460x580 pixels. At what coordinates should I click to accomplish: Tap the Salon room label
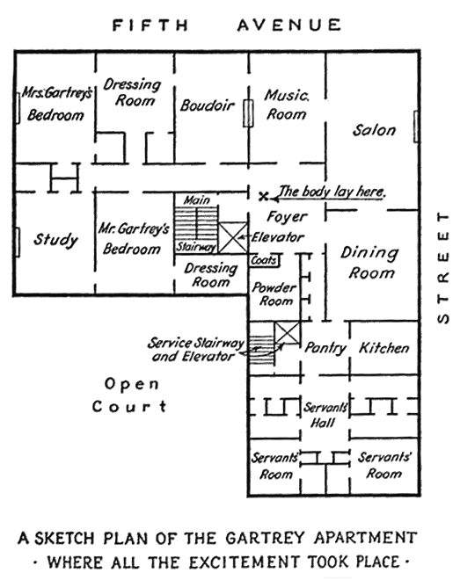[374, 130]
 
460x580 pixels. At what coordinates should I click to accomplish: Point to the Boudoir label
[208, 106]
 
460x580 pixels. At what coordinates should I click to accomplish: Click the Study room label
[56, 240]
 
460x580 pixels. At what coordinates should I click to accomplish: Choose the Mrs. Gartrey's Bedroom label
[55, 104]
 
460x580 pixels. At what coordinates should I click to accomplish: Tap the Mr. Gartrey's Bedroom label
[130, 238]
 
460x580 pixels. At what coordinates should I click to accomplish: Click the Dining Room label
[370, 263]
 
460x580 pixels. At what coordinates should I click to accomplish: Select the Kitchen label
[383, 348]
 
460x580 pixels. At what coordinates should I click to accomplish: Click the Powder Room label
[273, 294]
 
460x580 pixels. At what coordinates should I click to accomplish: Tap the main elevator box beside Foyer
[233, 238]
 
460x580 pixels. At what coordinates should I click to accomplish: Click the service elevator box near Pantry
[287, 335]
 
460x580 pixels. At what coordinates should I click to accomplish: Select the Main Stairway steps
[195, 220]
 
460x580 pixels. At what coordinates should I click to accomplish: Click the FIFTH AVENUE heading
[226, 25]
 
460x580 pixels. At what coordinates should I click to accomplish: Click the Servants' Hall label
[327, 415]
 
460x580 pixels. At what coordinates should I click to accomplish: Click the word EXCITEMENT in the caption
[267, 561]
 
